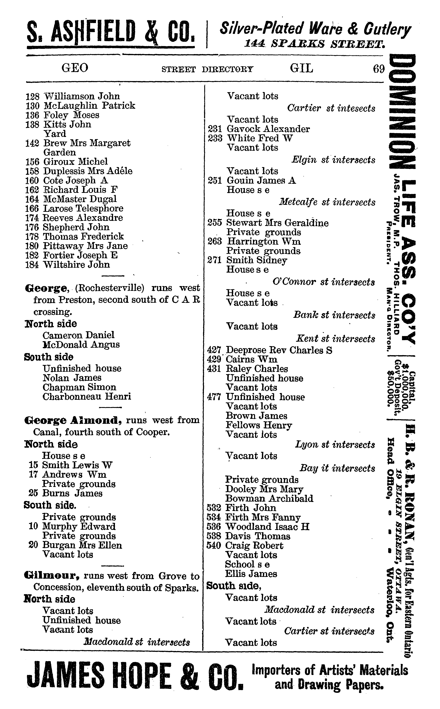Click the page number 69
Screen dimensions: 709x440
[x=379, y=69]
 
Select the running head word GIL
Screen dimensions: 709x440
[x=301, y=68]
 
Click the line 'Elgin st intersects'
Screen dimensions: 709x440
[x=333, y=160]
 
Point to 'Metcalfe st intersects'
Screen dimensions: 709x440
[x=327, y=202]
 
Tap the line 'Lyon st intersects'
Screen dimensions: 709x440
[x=335, y=445]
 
